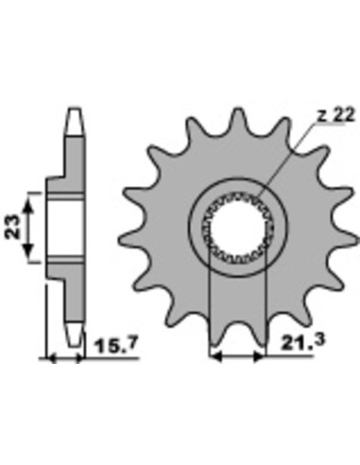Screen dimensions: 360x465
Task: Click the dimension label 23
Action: [12, 227]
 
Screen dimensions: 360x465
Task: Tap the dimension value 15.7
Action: [115, 346]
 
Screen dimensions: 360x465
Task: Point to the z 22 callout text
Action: [335, 115]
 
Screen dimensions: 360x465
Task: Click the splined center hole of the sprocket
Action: [237, 227]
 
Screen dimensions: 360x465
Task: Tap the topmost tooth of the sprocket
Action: [238, 120]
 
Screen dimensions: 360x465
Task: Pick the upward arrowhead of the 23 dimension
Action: [28, 205]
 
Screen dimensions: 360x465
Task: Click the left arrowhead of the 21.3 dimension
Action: [215, 356]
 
